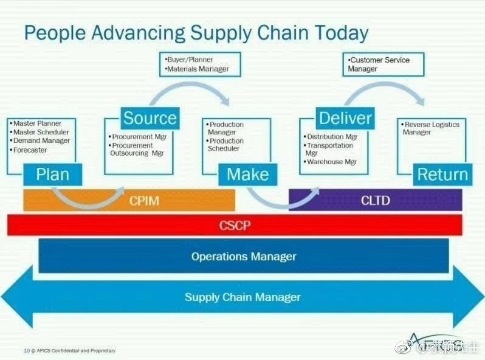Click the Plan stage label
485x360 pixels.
52,175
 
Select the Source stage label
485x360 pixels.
150,118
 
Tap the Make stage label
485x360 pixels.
247,175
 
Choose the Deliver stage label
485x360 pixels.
345,118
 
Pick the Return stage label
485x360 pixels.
442,175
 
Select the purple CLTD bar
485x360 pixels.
375,200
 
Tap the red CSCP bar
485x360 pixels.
235,225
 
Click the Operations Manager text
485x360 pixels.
244,256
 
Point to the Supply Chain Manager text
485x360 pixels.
243,297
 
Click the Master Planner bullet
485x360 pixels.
37,124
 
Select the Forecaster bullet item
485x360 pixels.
30,150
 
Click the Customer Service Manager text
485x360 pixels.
379,64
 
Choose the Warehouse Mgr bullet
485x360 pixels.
332,162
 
